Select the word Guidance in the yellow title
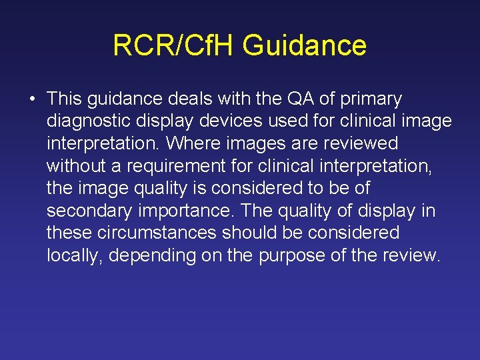point(304,46)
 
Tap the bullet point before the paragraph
point(32,100)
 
